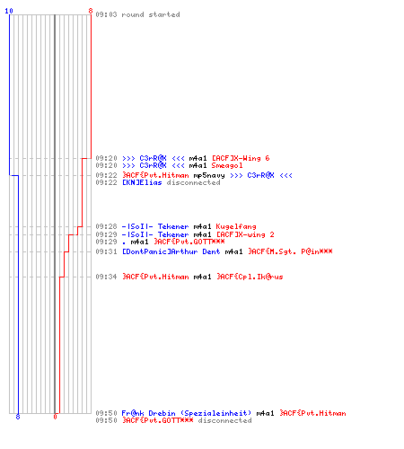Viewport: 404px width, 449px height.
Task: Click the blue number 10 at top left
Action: [x=9, y=11]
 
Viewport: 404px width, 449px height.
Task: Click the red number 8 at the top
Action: [x=91, y=11]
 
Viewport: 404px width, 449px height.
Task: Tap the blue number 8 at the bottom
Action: [x=18, y=417]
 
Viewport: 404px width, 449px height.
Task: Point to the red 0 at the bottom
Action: [x=55, y=417]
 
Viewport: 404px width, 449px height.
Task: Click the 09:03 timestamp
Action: [x=106, y=14]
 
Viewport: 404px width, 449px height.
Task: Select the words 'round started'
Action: [x=151, y=14]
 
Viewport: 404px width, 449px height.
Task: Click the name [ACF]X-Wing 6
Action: [x=241, y=158]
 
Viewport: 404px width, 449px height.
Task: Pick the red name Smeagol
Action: [x=227, y=165]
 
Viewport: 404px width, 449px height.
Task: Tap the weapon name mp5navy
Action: [x=209, y=175]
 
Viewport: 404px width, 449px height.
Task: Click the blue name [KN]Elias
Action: [x=142, y=182]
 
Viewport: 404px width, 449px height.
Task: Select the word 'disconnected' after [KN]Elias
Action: [x=193, y=182]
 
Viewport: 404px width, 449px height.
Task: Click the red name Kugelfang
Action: [x=236, y=226]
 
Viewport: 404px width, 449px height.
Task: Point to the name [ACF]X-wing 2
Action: [x=245, y=234]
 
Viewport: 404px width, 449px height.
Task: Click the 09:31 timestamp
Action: [x=106, y=251]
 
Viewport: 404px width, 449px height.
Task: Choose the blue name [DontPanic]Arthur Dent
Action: [x=171, y=251]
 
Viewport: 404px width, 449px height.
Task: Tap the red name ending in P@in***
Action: [x=290, y=251]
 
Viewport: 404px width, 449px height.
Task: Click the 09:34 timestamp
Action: [x=106, y=277]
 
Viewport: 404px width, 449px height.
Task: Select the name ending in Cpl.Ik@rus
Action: [x=250, y=277]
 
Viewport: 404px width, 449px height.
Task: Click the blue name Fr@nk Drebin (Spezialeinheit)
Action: [x=187, y=413]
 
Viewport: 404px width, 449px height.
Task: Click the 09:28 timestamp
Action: [x=106, y=226]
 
